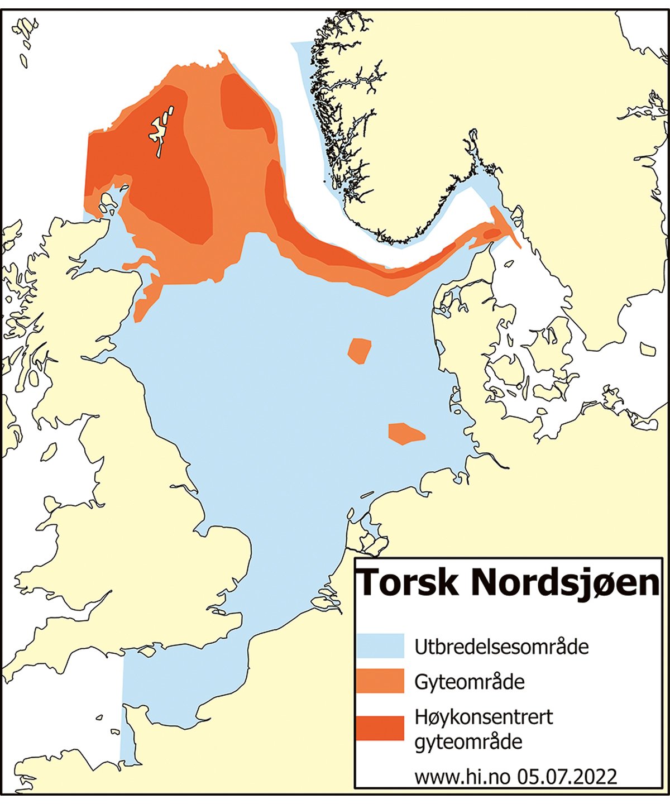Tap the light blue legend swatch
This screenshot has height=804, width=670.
coord(380,646)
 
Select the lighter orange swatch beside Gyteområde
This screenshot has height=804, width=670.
coord(380,681)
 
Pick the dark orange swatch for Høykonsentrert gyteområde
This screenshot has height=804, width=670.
coord(380,728)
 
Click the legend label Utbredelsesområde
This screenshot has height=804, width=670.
coord(501,647)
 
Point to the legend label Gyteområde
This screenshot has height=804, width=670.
coord(469,682)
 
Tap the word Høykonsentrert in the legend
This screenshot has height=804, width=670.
coord(484,717)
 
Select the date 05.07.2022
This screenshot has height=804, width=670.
coord(567,777)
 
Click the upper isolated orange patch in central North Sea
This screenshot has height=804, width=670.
coord(359,351)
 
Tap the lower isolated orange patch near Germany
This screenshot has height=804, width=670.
coord(405,433)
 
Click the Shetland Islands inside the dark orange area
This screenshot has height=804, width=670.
coord(160,132)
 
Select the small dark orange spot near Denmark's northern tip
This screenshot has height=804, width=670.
coord(491,233)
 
